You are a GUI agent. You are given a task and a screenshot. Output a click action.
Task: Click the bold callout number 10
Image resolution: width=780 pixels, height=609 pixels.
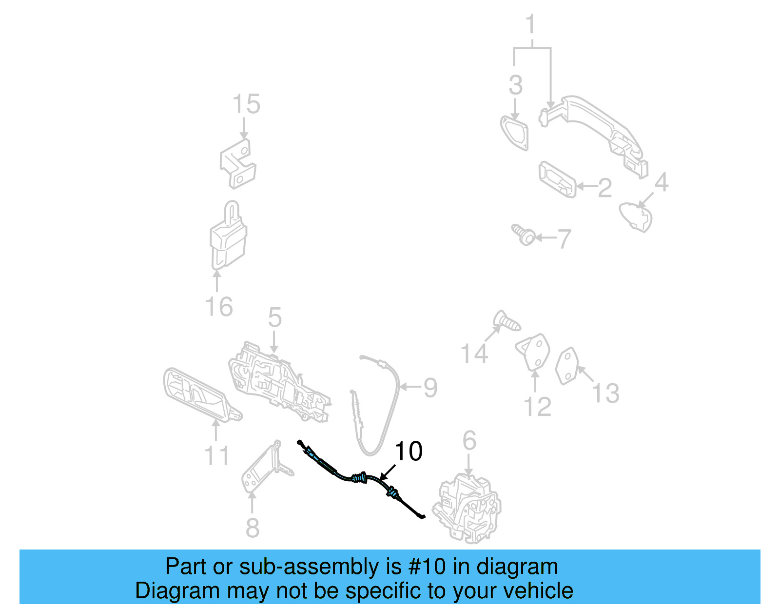point(408,451)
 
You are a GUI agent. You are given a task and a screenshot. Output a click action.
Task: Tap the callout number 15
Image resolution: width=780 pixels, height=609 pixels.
point(246,104)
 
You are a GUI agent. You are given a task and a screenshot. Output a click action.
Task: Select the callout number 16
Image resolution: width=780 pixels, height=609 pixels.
point(219,307)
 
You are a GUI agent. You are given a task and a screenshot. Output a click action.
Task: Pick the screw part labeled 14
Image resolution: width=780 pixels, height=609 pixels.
point(506,321)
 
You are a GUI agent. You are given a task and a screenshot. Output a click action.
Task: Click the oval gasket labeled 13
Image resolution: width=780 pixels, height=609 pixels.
point(567,366)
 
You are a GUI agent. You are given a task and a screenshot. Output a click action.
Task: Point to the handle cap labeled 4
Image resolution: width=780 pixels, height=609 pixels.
point(636,217)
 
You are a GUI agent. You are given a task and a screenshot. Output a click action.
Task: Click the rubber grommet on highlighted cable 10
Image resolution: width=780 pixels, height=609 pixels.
point(359,477)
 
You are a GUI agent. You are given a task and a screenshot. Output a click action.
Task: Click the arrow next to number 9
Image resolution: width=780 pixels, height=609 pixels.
point(409,387)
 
